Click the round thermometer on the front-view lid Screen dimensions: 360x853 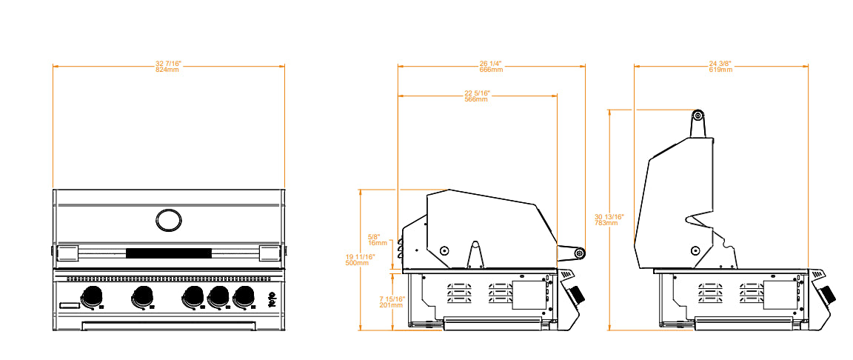[x=168, y=219]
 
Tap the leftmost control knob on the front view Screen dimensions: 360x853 [x=93, y=296]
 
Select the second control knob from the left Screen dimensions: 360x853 [x=141, y=297]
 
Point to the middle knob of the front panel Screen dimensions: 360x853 [x=194, y=297]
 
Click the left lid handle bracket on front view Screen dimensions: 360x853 [x=69, y=253]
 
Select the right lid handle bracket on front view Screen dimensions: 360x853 [x=269, y=253]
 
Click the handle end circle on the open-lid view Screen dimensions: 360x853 [x=698, y=116]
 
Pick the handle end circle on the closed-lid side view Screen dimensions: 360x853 [x=580, y=254]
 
